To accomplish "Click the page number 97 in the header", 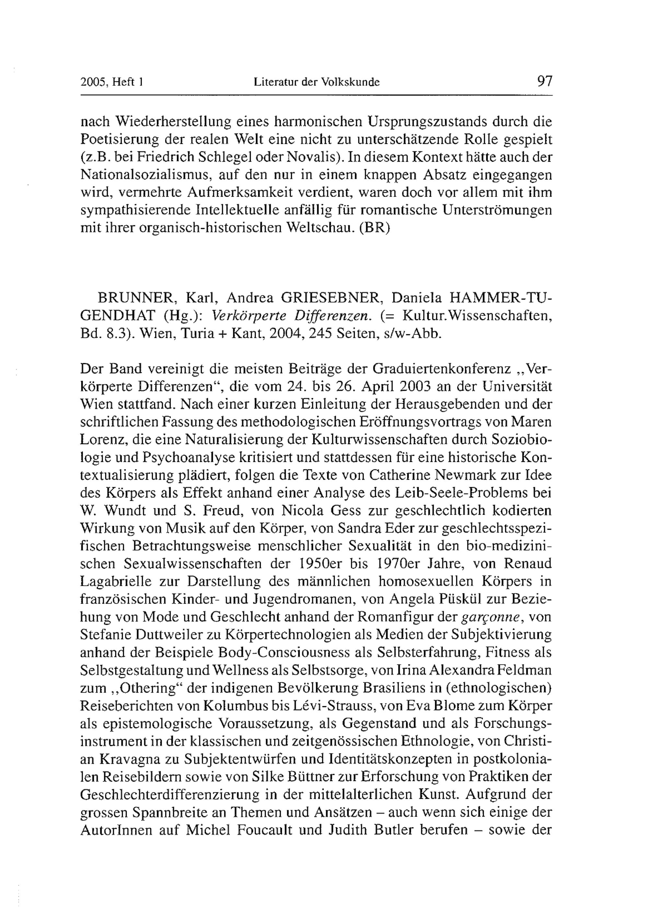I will tap(544, 81).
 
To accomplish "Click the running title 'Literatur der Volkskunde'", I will tap(317, 83).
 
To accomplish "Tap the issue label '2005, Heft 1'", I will tap(112, 83).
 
